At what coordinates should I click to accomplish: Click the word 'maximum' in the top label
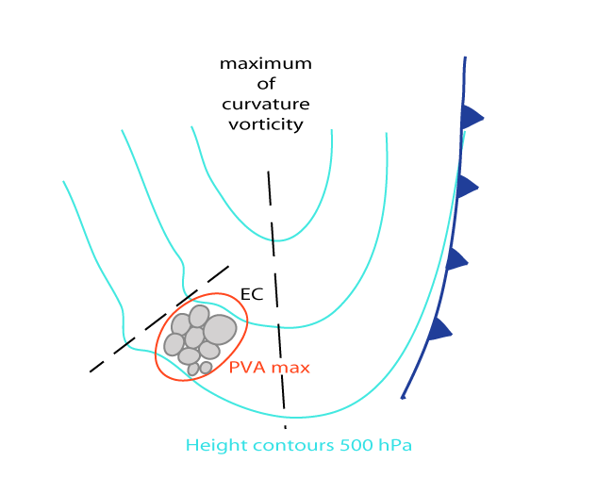coord(265,64)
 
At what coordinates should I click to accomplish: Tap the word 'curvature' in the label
coord(265,104)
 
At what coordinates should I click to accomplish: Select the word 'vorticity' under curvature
coord(265,123)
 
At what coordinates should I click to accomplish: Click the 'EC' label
coord(252,294)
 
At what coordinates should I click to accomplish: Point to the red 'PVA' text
coord(248,367)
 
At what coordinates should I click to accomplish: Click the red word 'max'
coord(290,367)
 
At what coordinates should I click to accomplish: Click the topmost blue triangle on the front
coord(471,118)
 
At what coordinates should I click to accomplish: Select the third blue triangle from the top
coord(456,258)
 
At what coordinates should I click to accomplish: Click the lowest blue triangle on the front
coord(439,329)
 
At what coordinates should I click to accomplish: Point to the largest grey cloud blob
coord(220,329)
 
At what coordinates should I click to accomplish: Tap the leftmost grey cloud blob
coord(174,344)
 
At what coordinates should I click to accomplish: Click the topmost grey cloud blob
coord(199,316)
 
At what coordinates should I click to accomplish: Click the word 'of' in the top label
coord(265,84)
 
